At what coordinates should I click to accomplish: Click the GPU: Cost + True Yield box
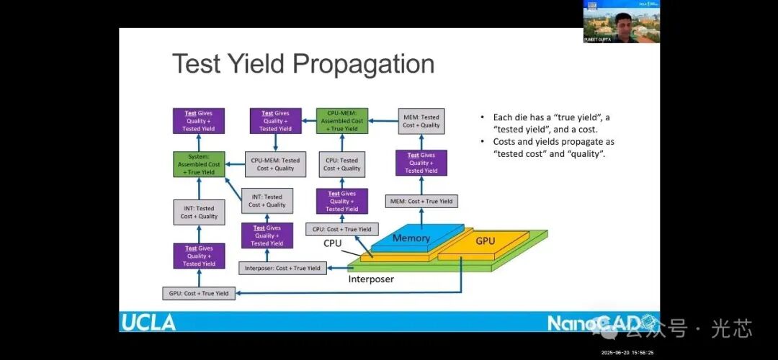point(198,293)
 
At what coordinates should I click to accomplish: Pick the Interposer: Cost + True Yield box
point(282,269)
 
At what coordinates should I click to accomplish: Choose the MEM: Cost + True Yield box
point(421,202)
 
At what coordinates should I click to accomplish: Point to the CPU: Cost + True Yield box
point(341,229)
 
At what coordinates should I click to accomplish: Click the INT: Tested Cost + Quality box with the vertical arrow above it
point(199,212)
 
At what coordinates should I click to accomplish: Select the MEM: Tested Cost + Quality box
point(421,120)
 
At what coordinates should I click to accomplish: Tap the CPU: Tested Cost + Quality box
point(341,165)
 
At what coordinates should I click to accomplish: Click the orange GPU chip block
point(485,241)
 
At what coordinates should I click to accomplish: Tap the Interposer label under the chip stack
point(371,279)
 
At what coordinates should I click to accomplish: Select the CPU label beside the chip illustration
point(332,243)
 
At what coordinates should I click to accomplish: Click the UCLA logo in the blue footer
point(148,322)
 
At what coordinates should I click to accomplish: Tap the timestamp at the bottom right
point(629,352)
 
